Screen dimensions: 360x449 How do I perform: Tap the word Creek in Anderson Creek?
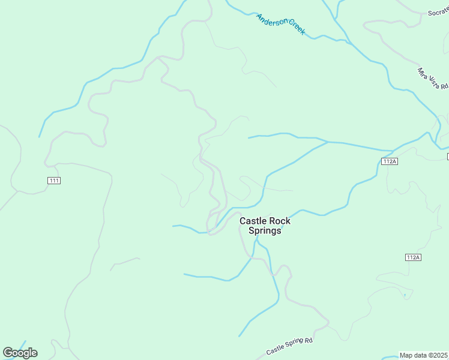tap(295, 29)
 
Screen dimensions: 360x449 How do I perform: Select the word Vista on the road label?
tap(433, 80)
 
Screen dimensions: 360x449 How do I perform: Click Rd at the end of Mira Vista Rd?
tap(444, 88)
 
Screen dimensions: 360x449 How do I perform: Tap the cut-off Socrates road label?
tap(436, 13)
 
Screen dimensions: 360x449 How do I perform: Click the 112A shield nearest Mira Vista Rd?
tap(390, 161)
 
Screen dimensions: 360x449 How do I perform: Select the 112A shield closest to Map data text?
tap(412, 257)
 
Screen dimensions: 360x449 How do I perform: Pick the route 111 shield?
tap(54, 181)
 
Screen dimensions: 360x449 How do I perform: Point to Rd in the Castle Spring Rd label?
tap(310, 340)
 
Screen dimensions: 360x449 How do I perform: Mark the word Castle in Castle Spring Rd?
tap(276, 349)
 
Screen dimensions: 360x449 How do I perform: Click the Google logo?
tap(20, 353)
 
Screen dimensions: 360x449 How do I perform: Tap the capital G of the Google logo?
tap(8, 353)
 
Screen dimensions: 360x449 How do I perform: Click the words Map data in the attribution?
tap(414, 355)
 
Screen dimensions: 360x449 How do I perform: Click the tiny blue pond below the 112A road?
tap(405, 295)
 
